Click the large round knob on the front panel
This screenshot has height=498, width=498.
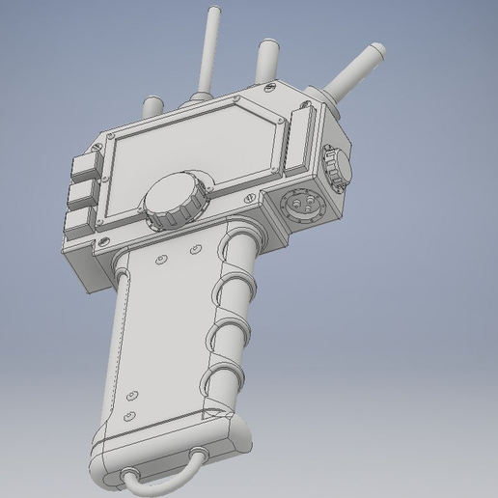(x=173, y=201)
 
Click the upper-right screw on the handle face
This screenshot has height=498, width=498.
(x=196, y=251)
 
